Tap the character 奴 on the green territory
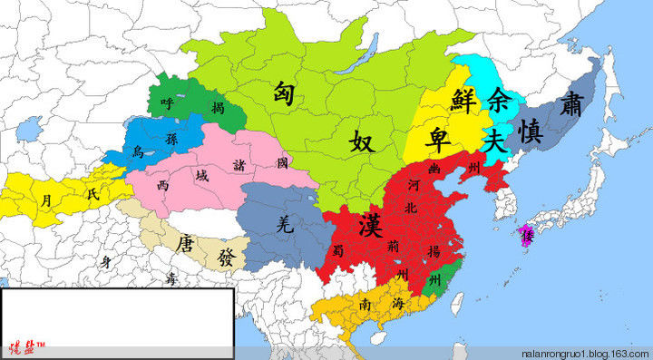362,142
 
